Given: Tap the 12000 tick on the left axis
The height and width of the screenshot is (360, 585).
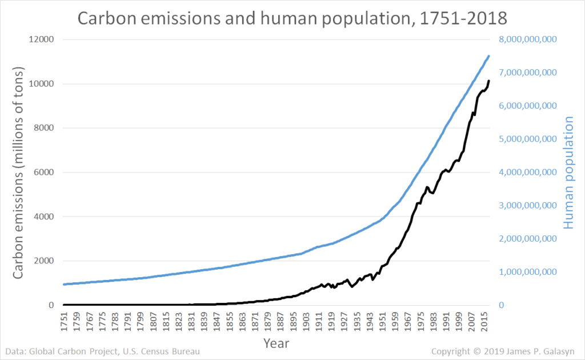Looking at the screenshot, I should pos(42,39).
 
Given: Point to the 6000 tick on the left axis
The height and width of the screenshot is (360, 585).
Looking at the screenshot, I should pos(44,173).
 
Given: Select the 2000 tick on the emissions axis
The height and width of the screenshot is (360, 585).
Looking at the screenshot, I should pos(44,261).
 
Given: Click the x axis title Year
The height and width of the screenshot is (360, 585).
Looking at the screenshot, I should pos(276,343).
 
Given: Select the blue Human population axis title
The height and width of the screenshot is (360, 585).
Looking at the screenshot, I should pos(568,173).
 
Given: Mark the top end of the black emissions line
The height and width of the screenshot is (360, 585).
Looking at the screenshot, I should pos(489,81).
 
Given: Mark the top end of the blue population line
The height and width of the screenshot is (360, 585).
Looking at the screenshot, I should pos(489,56).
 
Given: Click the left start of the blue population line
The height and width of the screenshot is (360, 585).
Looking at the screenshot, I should pos(64,284).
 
